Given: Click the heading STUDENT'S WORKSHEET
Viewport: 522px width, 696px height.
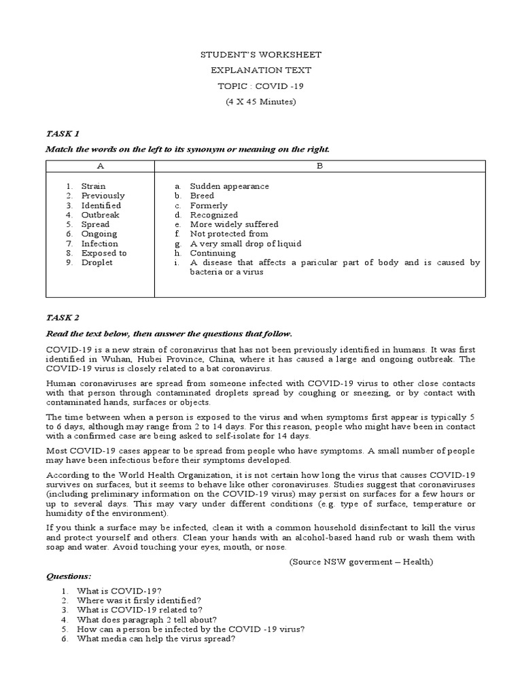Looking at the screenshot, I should pos(261,55).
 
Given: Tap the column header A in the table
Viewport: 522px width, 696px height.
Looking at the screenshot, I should pos(100,165).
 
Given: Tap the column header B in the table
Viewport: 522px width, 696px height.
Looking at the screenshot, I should pos(320,165).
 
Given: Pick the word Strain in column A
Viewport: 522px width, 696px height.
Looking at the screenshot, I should pos(93,186).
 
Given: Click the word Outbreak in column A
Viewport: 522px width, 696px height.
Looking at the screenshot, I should pos(100,215).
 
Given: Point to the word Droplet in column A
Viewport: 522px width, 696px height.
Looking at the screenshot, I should pos(97,262).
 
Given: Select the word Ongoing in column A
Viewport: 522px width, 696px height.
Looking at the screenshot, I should pos(99,234).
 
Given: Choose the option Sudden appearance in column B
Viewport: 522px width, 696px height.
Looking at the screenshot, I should pos(229,186).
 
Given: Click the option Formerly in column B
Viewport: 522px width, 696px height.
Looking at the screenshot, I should pos(209,205).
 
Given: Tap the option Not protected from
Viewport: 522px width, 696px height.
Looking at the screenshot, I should pos(229,234).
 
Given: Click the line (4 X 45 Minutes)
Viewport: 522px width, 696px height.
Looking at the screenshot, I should pos(261,102).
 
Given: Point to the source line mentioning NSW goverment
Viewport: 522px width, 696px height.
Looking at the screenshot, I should pos(360,562).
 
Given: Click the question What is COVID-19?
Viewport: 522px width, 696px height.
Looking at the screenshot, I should pos(119,591).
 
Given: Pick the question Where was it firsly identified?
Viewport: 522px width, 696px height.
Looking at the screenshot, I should pos(139,600).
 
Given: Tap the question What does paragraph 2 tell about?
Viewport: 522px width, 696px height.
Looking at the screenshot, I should pos(147,619).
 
